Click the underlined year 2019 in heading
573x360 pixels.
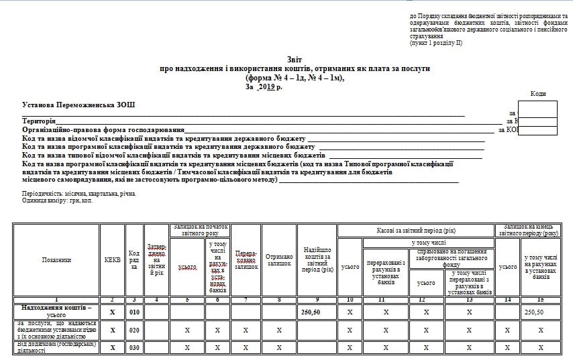coord(266,86)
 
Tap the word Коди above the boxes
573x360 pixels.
coord(537,94)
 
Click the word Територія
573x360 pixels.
coord(38,121)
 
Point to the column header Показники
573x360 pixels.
coord(56,260)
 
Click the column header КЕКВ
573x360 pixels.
coord(112,260)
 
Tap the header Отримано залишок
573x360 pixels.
coord(279,260)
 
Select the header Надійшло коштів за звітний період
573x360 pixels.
coord(317,260)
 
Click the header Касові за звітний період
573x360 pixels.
coord(416,231)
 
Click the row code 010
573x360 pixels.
coord(134,312)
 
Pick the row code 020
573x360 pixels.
coord(134,330)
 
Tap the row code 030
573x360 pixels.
coord(134,347)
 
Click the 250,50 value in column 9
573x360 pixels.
coord(311,312)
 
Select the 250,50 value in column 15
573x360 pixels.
coord(534,312)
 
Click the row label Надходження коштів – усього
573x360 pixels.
coord(56,312)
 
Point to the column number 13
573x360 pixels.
coord(469,299)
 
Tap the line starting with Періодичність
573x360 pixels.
coord(79,194)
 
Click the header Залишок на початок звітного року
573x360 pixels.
coord(200,230)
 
